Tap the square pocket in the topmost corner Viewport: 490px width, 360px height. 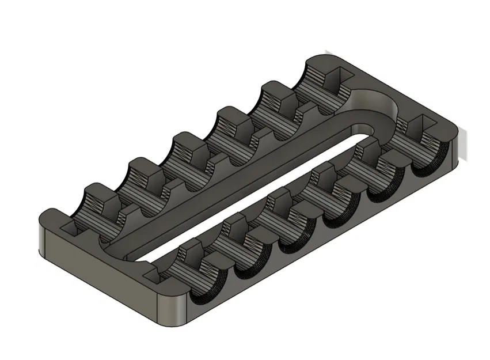click(337, 73)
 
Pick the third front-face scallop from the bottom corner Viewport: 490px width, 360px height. click(291, 245)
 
